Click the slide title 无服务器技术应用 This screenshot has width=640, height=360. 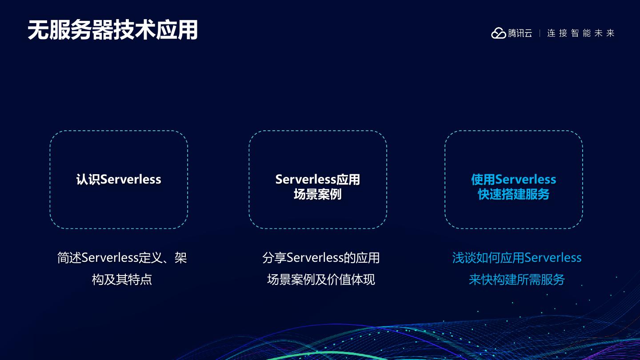click(112, 30)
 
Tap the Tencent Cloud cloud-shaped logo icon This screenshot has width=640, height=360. click(498, 33)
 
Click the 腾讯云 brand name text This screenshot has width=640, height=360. click(520, 33)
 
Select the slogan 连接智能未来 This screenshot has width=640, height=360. click(580, 33)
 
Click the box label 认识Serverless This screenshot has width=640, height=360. click(119, 180)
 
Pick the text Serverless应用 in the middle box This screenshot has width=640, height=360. click(317, 180)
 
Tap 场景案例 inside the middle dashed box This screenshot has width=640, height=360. click(317, 195)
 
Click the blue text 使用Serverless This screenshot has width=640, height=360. click(513, 180)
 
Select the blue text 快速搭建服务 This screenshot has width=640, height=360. click(513, 195)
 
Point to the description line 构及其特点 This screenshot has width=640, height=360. click(122, 280)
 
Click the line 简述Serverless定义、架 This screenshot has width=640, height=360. click(122, 258)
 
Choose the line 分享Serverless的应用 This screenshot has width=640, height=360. click(321, 258)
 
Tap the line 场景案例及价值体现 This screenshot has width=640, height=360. click(321, 280)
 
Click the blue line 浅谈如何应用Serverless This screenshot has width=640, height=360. click(517, 258)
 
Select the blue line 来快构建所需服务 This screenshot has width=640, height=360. click(517, 280)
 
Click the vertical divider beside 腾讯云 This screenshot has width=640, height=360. click(540, 33)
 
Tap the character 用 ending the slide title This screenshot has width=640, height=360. click(187, 30)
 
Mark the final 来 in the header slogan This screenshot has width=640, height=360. click(610, 33)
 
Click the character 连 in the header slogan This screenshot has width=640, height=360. click(552, 33)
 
